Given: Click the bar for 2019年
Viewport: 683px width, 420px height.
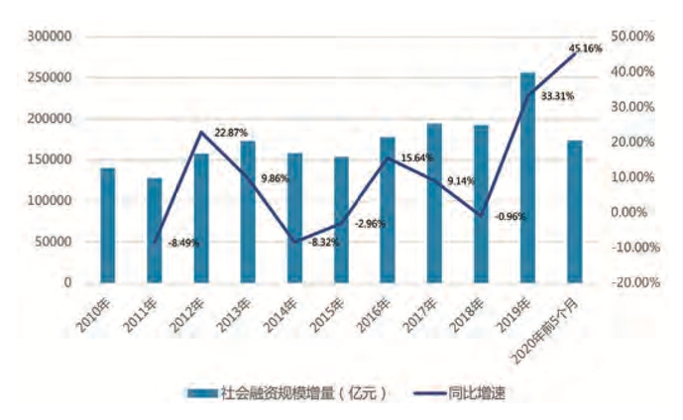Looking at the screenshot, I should [x=527, y=177].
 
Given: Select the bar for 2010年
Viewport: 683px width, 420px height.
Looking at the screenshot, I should [x=107, y=225].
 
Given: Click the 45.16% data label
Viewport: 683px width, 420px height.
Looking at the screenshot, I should [x=585, y=47].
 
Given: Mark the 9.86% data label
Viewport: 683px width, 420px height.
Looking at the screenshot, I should [x=275, y=179].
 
